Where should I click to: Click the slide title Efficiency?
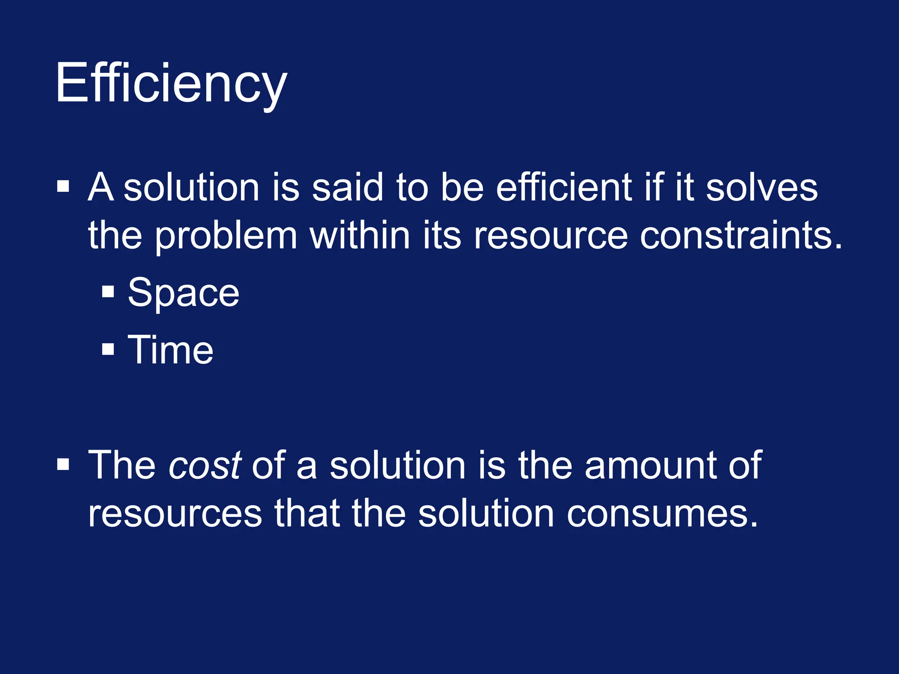pos(171,83)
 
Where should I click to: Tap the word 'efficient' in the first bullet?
pos(564,187)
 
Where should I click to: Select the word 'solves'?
pos(762,187)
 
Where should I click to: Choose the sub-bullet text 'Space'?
pos(183,293)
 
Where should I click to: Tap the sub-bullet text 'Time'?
pos(170,350)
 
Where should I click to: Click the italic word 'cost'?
pos(205,465)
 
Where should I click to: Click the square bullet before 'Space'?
pos(108,292)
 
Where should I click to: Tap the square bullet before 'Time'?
pos(108,349)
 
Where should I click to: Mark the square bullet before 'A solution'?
pos(63,186)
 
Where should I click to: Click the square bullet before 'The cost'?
pos(63,464)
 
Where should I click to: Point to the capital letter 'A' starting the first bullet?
pos(101,187)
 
